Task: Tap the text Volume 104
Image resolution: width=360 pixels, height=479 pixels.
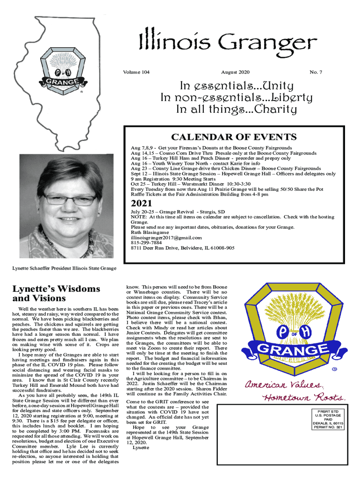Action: tap(137, 73)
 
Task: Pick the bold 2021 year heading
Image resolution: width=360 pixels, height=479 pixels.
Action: tap(142, 204)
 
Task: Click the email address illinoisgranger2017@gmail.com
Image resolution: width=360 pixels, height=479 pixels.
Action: tap(166, 238)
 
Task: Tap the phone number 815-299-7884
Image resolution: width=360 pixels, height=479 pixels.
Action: tap(146, 243)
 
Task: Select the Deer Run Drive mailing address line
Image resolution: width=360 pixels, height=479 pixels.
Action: tap(183, 248)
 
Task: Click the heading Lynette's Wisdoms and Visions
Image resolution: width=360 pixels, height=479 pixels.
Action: tap(56, 294)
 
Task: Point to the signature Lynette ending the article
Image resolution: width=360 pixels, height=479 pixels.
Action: tap(141, 448)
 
